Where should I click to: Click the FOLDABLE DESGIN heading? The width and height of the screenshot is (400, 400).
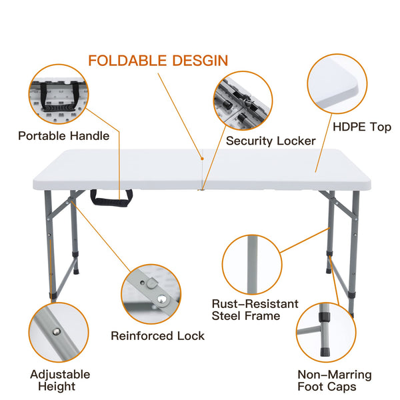click(x=158, y=61)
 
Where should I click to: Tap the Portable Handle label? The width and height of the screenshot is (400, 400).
click(x=64, y=136)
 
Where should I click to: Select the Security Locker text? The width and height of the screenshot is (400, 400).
click(x=271, y=141)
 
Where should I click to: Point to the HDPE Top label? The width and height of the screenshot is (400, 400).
click(x=362, y=127)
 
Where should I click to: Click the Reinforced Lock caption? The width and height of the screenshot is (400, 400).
click(x=157, y=336)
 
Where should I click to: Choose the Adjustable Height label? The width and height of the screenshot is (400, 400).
click(x=60, y=381)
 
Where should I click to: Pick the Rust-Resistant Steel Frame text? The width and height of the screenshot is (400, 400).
click(x=255, y=310)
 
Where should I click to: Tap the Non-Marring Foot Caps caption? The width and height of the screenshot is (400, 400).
click(x=335, y=381)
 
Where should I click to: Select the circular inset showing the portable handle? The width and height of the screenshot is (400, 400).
click(x=59, y=95)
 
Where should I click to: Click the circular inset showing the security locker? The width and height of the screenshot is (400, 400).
click(x=243, y=101)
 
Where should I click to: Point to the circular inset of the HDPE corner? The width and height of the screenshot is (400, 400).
click(x=337, y=84)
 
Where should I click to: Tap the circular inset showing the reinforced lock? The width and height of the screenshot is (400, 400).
click(x=151, y=294)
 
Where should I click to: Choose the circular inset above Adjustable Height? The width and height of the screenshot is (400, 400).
click(x=59, y=333)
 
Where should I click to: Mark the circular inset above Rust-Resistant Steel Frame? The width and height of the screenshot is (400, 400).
click(x=252, y=265)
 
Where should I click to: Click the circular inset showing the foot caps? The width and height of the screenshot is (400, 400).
click(x=326, y=333)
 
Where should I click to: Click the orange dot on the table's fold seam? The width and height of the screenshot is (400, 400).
click(x=202, y=159)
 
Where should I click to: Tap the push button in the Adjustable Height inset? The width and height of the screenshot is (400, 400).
click(x=57, y=331)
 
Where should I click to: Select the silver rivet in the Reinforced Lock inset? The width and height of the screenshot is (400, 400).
click(x=162, y=299)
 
